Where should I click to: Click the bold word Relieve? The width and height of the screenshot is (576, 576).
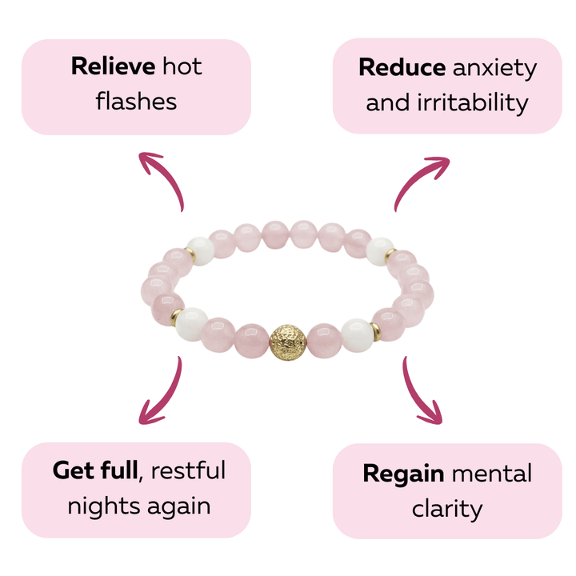point(112,66)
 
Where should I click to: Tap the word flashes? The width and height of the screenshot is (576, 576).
point(136,102)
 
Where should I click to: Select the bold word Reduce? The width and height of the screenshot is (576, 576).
point(402,68)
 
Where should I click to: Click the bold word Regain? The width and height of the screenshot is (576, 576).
point(403,474)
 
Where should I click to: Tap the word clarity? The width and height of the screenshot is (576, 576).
point(447,508)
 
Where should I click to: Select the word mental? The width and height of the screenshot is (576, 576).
point(491,474)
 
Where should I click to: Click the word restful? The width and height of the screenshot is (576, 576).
point(189,470)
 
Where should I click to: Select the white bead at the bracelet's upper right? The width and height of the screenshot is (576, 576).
point(379,250)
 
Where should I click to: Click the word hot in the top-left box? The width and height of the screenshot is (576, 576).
point(181,66)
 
